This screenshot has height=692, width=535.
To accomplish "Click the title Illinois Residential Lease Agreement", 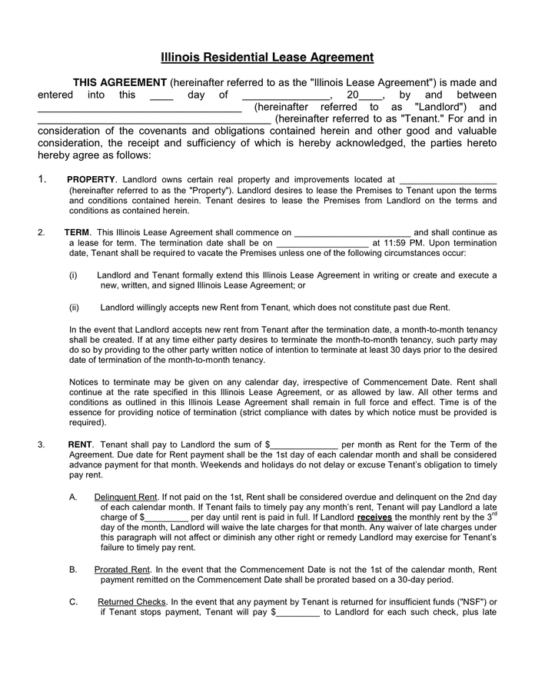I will coord(267,57).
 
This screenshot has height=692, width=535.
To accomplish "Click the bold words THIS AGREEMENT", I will coord(119,82).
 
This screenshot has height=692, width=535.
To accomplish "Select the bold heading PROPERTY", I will coord(91,179).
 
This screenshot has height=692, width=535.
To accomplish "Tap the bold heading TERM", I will coord(77,232).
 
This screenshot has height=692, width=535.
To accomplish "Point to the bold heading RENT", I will coord(80,444).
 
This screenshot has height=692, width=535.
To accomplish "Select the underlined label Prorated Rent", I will coord(121,570).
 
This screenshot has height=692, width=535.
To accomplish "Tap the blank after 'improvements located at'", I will coord(448,180).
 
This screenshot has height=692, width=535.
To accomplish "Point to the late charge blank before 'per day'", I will coord(165,518).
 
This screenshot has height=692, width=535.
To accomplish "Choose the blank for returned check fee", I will coord(297,613).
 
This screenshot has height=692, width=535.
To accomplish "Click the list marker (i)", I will coord(74,274).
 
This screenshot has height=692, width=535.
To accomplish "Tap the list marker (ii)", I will coord(75,307).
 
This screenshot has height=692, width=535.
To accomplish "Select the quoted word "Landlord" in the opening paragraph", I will coord(439,107).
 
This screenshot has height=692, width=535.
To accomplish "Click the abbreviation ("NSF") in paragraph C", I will coord(471,602).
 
